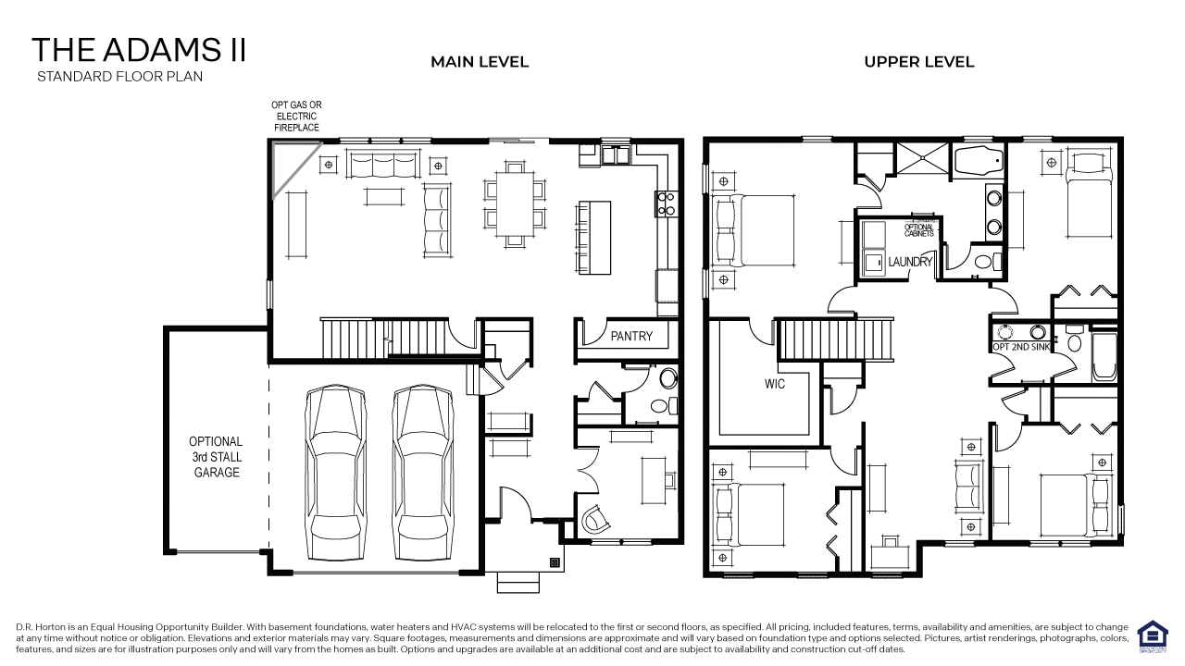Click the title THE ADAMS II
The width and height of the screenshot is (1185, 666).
[x=139, y=50]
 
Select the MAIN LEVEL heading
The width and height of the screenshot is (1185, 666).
[x=480, y=62]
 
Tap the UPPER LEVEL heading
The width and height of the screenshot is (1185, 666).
[x=918, y=62]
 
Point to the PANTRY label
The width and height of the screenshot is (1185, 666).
[x=631, y=337]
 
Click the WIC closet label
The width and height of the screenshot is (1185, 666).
[x=775, y=383]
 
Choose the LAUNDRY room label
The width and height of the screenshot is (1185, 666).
[x=910, y=262]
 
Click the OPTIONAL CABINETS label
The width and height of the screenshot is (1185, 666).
[x=919, y=230]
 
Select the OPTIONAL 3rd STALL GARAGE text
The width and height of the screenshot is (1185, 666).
[x=216, y=457]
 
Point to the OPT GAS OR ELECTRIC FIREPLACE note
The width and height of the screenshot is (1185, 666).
[x=296, y=117]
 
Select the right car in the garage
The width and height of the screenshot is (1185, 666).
[x=423, y=474]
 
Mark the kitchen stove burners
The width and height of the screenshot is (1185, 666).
[x=665, y=203]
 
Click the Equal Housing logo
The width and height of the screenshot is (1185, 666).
[x=1152, y=635]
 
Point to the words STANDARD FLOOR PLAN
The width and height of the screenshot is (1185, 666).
[x=119, y=77]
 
